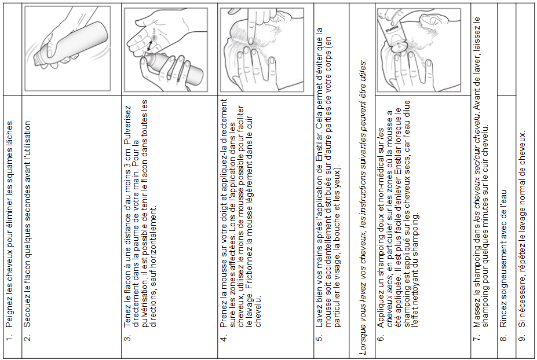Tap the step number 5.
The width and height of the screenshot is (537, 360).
(319, 338)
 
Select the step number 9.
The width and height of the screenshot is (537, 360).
(522, 338)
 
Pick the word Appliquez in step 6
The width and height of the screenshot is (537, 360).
(380, 308)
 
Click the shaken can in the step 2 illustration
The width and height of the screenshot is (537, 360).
(71, 43)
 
